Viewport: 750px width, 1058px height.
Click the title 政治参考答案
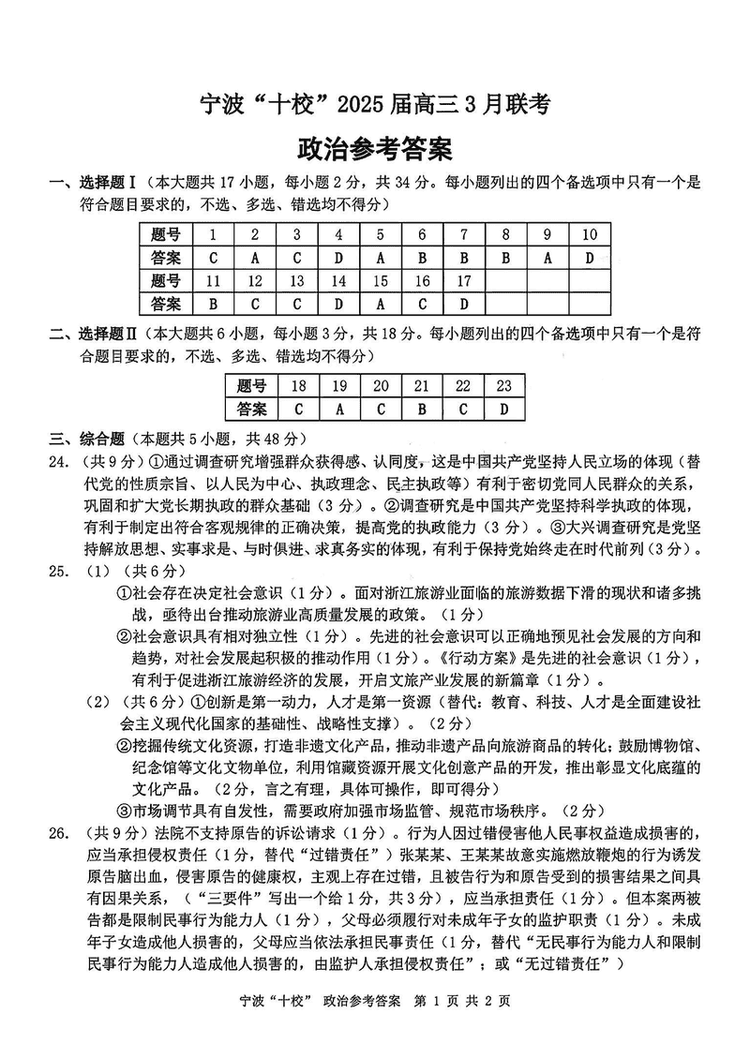pos(374,150)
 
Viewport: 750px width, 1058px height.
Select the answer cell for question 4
pos(338,257)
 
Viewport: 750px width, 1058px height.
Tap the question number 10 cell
pos(589,234)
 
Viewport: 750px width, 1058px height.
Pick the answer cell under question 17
pos(463,303)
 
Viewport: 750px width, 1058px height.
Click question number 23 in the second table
pos(503,385)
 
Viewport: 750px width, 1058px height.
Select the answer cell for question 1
pos(214,257)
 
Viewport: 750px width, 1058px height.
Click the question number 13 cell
pos(296,279)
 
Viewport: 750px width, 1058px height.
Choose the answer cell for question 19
pos(340,409)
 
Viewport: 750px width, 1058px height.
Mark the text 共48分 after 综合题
pos(273,438)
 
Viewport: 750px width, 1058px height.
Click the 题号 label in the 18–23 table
pos(252,385)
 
